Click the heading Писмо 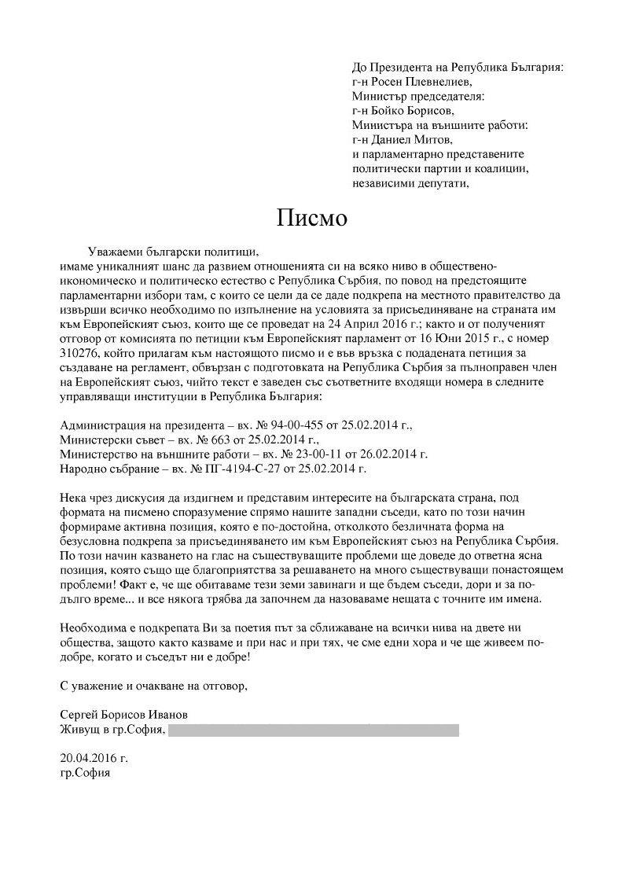[311, 218]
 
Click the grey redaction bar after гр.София [314, 730]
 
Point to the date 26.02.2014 [388, 454]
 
